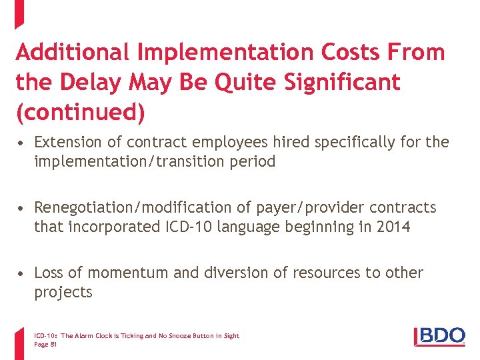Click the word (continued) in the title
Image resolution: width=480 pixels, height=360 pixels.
pos(80,113)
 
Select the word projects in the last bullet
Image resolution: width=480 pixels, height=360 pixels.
pos(63,292)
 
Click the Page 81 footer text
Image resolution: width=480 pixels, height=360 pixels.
pos(45,344)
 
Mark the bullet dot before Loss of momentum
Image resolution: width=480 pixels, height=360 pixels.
pos(23,273)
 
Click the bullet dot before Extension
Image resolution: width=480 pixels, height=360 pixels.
pos(23,143)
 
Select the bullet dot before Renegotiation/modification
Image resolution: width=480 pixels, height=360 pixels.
pos(23,208)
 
